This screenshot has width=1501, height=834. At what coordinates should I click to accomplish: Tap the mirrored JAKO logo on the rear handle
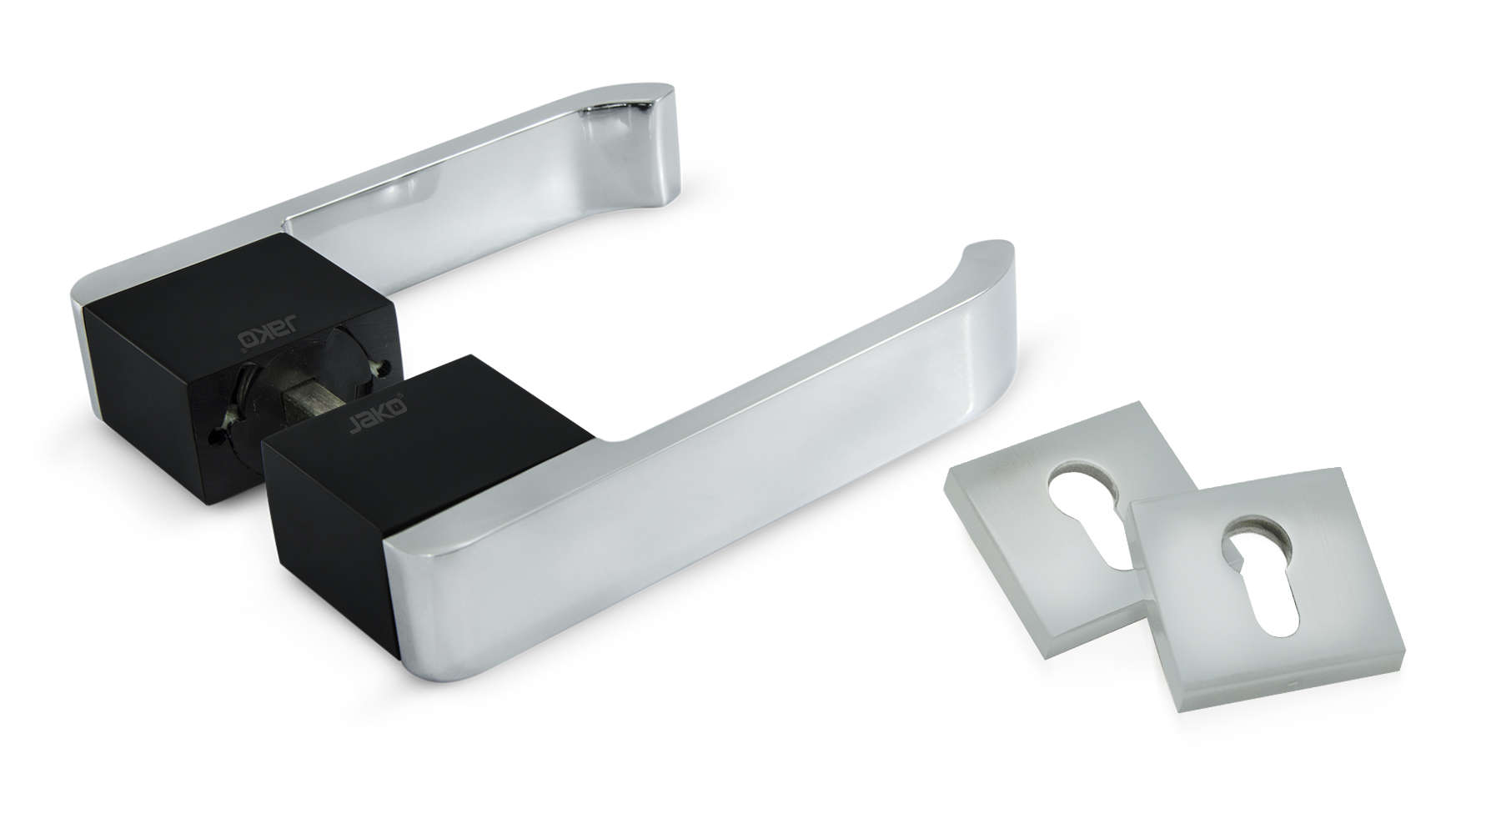pyautogui.click(x=259, y=334)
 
